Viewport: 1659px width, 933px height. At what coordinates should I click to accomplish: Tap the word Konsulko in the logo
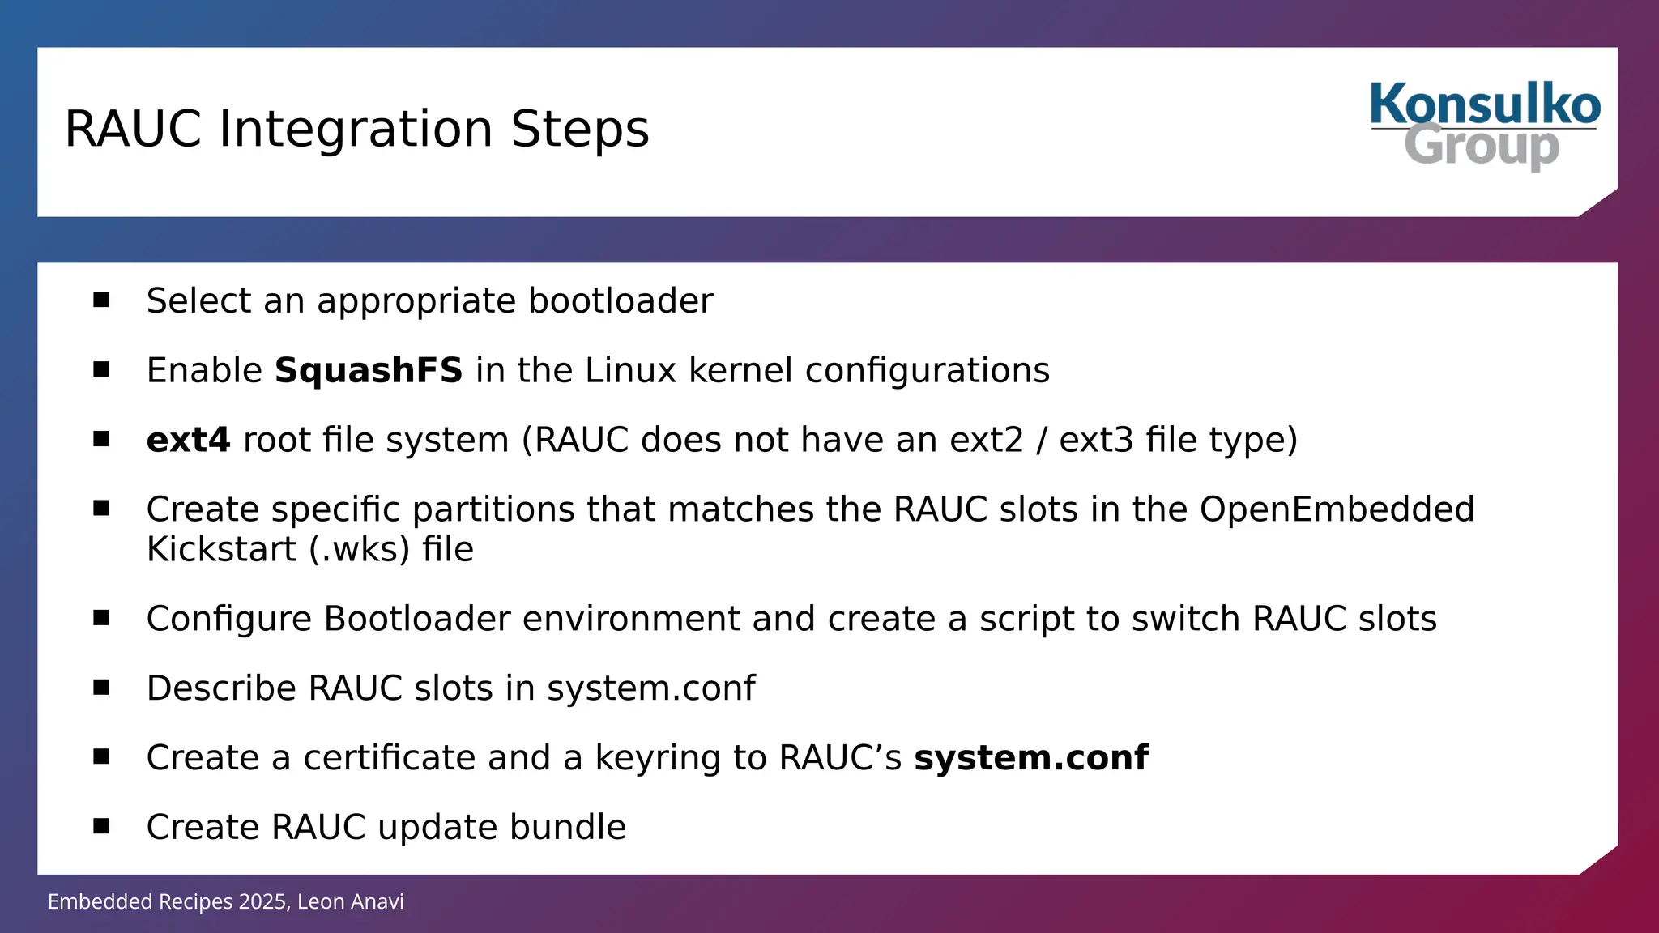coord(1485,105)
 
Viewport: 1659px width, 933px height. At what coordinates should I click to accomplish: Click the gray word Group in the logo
coord(1481,147)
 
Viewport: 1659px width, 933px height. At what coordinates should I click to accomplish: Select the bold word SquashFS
coord(369,371)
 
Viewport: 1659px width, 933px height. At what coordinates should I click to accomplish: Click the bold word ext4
coord(188,441)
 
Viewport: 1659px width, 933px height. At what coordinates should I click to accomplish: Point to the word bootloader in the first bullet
coord(621,301)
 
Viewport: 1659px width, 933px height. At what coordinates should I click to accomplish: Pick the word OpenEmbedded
coord(1337,510)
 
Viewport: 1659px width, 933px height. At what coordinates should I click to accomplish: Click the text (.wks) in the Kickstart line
coord(359,550)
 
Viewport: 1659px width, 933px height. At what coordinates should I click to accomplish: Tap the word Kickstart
coord(221,550)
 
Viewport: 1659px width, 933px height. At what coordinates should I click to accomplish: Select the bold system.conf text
coord(1030,759)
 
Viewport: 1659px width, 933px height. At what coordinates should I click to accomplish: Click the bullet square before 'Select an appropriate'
coord(101,300)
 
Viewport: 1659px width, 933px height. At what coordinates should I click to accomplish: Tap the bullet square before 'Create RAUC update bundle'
coord(101,827)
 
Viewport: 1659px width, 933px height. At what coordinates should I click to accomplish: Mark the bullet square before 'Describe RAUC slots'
coord(101,688)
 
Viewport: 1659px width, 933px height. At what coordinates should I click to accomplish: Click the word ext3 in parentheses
coord(1094,441)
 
